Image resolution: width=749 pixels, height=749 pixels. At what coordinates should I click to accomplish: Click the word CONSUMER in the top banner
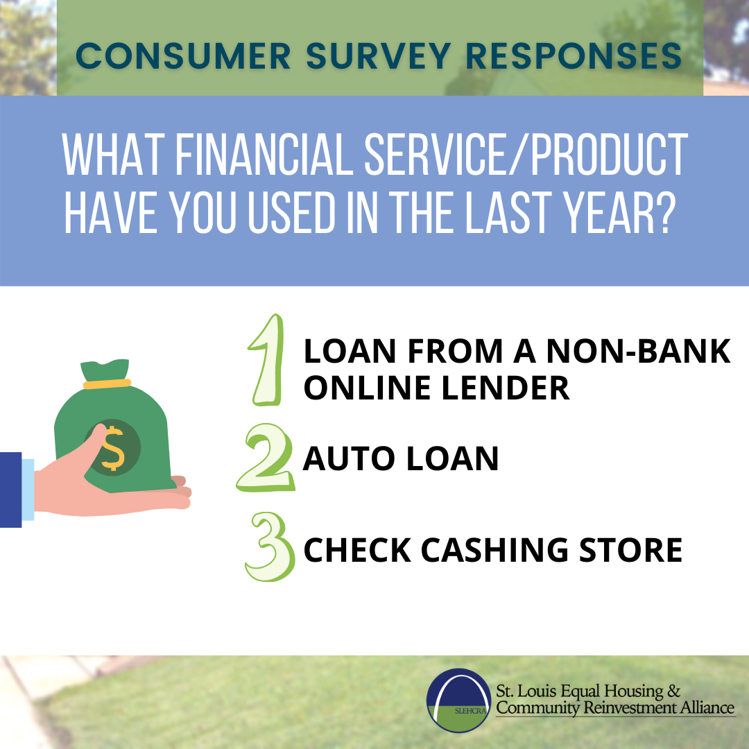[x=183, y=56]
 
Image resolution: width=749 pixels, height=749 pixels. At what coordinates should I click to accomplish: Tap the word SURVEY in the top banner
[x=379, y=56]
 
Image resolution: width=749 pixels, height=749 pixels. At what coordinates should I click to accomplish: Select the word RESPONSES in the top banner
[x=574, y=56]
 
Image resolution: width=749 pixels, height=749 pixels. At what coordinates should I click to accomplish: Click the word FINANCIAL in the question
[x=264, y=154]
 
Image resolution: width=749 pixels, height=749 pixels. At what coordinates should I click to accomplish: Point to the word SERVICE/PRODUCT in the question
[x=526, y=154]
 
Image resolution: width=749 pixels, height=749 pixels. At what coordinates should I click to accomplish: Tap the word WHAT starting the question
[x=114, y=154]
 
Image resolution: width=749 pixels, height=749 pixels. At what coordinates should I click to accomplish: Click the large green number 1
[x=266, y=360]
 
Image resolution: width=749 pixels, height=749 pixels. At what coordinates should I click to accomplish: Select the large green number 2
[x=266, y=458]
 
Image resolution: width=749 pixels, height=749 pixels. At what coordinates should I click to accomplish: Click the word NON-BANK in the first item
[x=638, y=351]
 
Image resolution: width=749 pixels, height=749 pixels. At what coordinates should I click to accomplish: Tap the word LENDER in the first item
[x=506, y=388]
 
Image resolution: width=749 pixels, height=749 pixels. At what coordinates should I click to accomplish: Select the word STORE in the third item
[x=630, y=550]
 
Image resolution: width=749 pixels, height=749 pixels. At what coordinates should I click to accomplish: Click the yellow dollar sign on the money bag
[x=113, y=449]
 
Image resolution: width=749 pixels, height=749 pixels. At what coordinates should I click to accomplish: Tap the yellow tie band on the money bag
[x=107, y=384]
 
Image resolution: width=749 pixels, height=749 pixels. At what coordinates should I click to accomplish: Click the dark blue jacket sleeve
[x=10, y=490]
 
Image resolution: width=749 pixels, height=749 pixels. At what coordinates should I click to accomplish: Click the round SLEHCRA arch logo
[x=458, y=700]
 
